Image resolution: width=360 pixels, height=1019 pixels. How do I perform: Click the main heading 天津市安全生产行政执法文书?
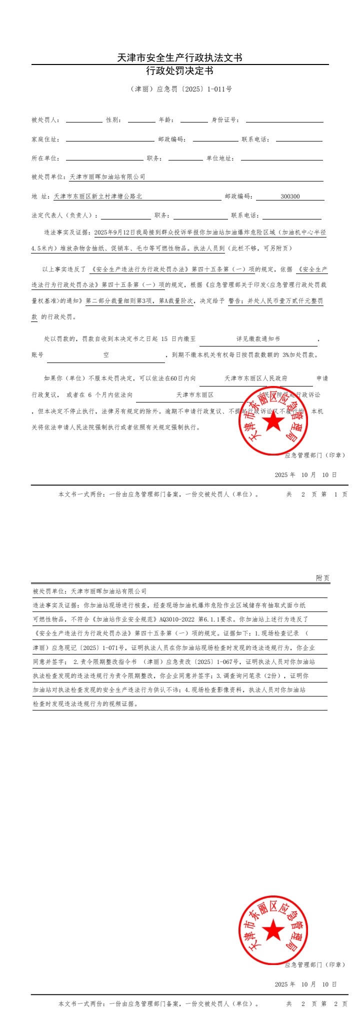tap(179, 58)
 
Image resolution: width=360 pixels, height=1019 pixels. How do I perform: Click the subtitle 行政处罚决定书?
tap(179, 71)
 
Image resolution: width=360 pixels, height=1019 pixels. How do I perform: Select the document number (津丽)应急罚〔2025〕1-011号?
tap(180, 89)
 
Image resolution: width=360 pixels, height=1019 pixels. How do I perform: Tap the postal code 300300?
tap(290, 196)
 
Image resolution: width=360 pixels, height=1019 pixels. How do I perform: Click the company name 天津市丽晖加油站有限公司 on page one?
tap(107, 177)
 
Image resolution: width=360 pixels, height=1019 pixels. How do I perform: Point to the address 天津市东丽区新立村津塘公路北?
tap(98, 196)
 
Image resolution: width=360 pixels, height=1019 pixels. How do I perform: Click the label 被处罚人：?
tap(45, 120)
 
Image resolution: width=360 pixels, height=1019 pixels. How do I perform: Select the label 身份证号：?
tap(225, 120)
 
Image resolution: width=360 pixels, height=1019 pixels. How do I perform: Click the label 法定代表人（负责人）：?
tap(64, 215)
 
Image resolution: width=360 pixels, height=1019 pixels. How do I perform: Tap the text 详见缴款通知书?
tap(258, 339)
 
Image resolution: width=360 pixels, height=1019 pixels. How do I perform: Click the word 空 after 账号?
tap(106, 355)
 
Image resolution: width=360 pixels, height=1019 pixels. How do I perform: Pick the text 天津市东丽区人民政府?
tap(256, 378)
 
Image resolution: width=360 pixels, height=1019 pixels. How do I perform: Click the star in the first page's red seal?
tap(273, 422)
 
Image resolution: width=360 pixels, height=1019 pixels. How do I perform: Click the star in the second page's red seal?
tap(273, 930)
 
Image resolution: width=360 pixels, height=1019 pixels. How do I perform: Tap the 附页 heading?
tap(322, 578)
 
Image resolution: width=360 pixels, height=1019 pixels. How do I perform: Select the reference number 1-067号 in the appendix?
tap(227, 661)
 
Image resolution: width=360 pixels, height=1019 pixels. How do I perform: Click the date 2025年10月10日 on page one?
tap(305, 475)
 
